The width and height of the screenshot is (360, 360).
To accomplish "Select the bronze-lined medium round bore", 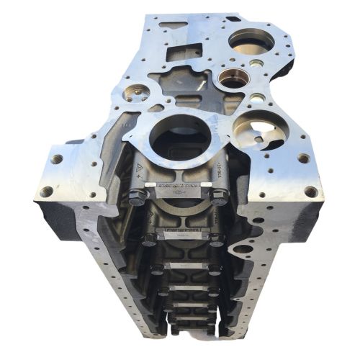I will click(x=233, y=78).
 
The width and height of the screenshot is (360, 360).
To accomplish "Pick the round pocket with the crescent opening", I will click(x=260, y=130).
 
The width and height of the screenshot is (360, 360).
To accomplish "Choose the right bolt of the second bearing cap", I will click(x=215, y=238).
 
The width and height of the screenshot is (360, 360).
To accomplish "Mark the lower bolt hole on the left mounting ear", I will click(x=47, y=192).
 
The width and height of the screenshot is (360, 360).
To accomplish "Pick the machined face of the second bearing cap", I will click(x=180, y=232).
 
